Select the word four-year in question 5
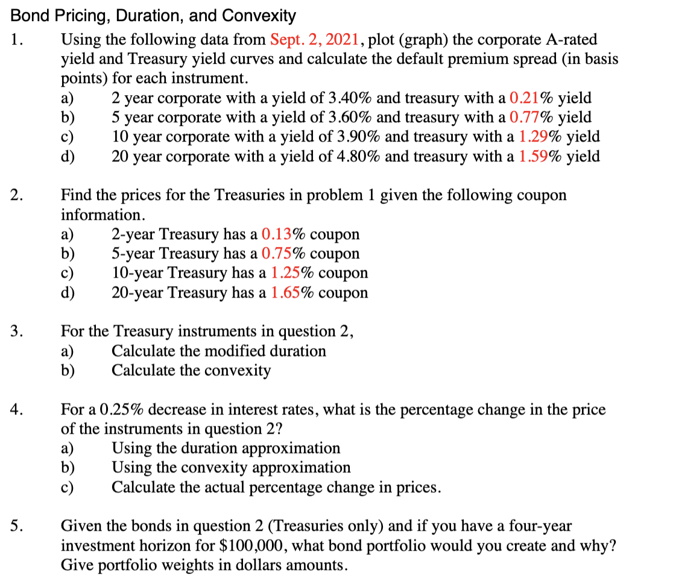coord(537,526)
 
